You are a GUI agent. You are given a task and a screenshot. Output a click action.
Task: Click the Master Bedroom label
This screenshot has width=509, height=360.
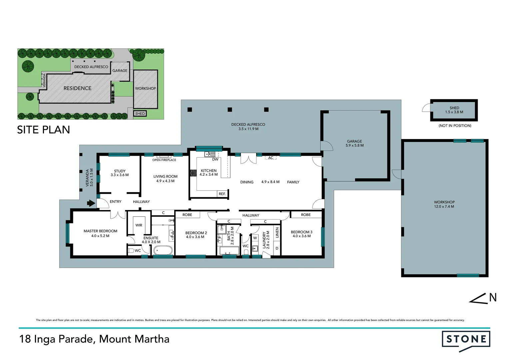[x=100, y=231]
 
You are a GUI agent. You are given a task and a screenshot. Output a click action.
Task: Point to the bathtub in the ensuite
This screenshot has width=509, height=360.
[x=163, y=250]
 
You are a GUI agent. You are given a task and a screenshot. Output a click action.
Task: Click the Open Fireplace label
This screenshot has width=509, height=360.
[x=164, y=160]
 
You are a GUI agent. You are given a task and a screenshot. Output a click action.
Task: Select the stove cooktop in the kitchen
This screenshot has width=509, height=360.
[x=193, y=173]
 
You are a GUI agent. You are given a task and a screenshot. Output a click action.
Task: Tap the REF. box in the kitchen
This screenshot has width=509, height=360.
[x=222, y=194]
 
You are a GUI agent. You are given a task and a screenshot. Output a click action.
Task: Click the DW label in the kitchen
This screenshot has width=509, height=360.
[x=215, y=159]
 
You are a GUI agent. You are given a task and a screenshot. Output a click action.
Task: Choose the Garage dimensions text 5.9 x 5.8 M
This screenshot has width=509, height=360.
[x=354, y=145]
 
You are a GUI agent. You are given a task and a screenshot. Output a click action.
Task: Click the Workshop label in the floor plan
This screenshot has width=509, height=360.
[x=444, y=202]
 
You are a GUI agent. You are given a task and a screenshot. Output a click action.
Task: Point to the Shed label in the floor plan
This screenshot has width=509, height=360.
[x=454, y=108]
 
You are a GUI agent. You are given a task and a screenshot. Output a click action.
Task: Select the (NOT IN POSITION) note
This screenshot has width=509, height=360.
[x=455, y=126]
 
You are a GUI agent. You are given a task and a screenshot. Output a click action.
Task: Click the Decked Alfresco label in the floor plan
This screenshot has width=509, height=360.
[x=248, y=124]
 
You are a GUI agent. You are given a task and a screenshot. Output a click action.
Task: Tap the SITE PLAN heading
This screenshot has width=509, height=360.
[x=44, y=130]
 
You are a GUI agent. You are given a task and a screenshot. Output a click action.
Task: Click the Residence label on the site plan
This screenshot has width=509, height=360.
[x=77, y=88]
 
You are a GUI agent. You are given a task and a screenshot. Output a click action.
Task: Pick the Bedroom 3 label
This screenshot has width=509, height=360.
[x=301, y=232]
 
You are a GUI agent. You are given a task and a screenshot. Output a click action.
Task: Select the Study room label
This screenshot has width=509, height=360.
[x=120, y=171]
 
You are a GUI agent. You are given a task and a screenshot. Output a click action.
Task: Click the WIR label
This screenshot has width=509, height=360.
[x=139, y=225]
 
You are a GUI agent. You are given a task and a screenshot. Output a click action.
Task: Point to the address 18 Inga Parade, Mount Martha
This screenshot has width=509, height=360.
[x=94, y=339]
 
